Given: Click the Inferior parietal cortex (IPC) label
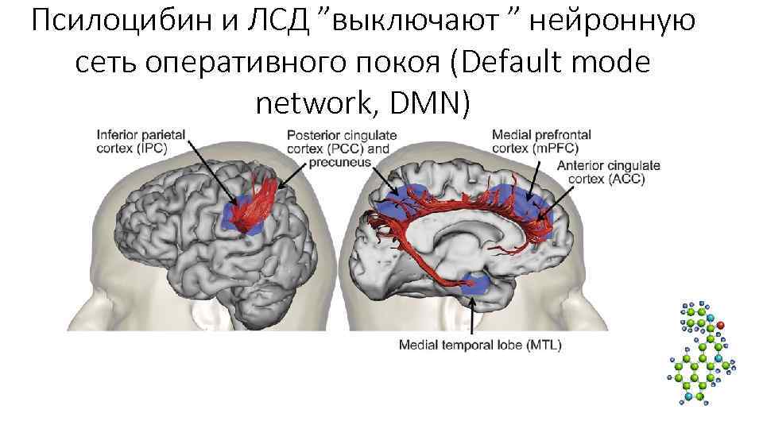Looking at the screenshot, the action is tap(142, 142).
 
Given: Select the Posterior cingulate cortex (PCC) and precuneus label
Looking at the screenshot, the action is tap(342, 149).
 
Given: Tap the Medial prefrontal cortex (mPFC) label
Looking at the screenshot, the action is tap(540, 141).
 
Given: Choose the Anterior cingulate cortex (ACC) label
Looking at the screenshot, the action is tap(608, 172).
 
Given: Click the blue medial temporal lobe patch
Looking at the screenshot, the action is tap(474, 284).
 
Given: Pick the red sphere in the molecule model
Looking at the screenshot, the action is tap(720, 325).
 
